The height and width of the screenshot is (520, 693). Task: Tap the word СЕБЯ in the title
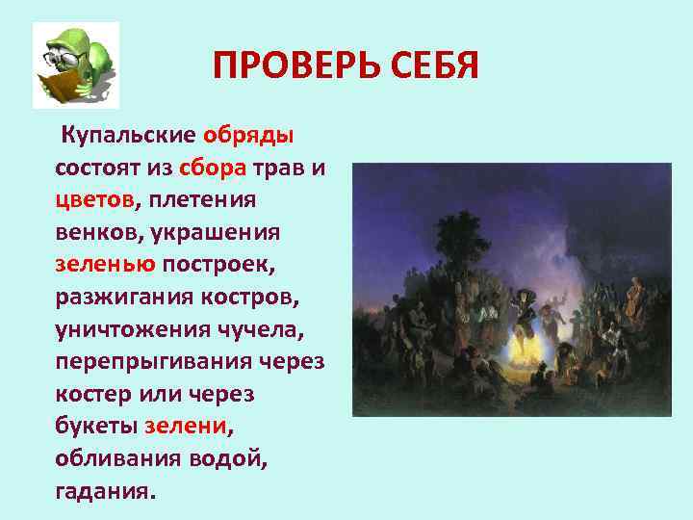point(429,67)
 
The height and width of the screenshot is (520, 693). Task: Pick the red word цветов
point(96,200)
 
